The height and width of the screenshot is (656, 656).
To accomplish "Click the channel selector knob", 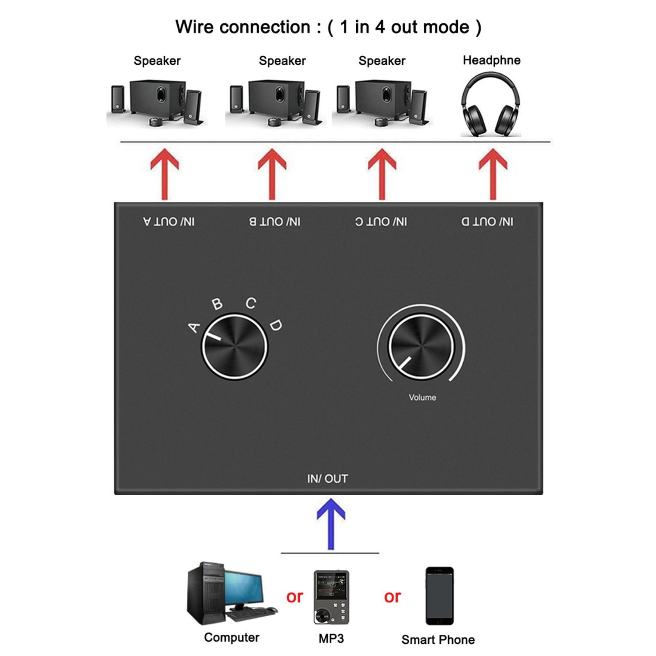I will coord(234,347).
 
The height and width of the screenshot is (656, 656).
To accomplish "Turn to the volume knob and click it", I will coord(421,347).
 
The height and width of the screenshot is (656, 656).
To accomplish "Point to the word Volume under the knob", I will coord(422,397).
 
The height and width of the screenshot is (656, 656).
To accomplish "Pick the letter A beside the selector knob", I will coord(194,328).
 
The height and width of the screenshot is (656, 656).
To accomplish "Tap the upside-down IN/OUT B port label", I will coord(275,222).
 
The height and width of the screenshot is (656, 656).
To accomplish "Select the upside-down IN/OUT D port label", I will coord(487,222).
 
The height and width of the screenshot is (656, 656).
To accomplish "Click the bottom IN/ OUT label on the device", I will coord(328,478).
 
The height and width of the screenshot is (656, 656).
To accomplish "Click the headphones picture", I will coord(491,105).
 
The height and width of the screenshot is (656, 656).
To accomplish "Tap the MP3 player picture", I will coord(331,597).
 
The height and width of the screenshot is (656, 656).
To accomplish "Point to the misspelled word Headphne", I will coord(492,60).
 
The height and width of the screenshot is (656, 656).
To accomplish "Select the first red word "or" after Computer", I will coord(295,597).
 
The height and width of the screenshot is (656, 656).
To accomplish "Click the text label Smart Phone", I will coord(438,640).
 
